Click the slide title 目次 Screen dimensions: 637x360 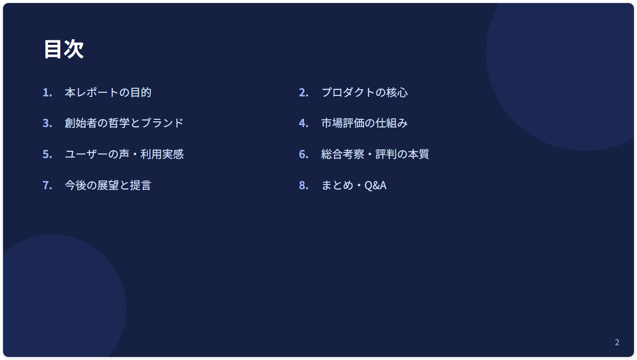64,49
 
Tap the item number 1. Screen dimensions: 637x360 47,93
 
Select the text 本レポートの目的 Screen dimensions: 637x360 108,92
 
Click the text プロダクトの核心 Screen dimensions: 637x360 365,92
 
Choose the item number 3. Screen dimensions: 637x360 47,123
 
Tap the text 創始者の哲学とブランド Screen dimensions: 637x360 124,123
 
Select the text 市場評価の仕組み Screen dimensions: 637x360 365,123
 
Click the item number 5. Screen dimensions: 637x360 47,155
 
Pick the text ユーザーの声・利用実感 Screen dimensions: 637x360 124,154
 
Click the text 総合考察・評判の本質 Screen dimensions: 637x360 375,154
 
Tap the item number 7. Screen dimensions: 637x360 47,186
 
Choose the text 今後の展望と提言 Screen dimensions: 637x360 108,185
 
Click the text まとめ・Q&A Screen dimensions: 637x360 354,185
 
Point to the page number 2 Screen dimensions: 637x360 617,342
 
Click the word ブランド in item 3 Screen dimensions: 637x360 162,123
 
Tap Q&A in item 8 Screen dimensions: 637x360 375,186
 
